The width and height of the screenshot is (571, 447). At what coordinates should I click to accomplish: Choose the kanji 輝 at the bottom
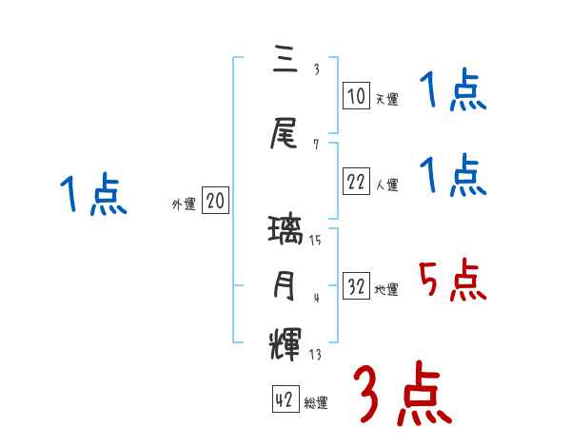pos(286,341)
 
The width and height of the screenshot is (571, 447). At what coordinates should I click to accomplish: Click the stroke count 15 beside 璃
pos(315,241)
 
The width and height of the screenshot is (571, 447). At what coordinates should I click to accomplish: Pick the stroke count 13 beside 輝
pos(315,355)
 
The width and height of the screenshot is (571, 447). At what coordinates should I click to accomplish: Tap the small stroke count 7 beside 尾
pos(315,145)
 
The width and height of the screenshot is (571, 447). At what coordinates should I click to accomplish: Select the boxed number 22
pos(356,182)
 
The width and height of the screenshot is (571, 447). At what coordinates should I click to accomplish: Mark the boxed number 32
pos(356,286)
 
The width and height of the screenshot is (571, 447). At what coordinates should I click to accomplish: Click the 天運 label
pos(386,98)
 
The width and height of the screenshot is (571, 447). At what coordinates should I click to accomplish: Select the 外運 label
pos(184,204)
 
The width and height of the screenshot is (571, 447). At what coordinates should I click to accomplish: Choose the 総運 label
pos(316,403)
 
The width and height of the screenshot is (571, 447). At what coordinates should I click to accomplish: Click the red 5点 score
pos(452,281)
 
